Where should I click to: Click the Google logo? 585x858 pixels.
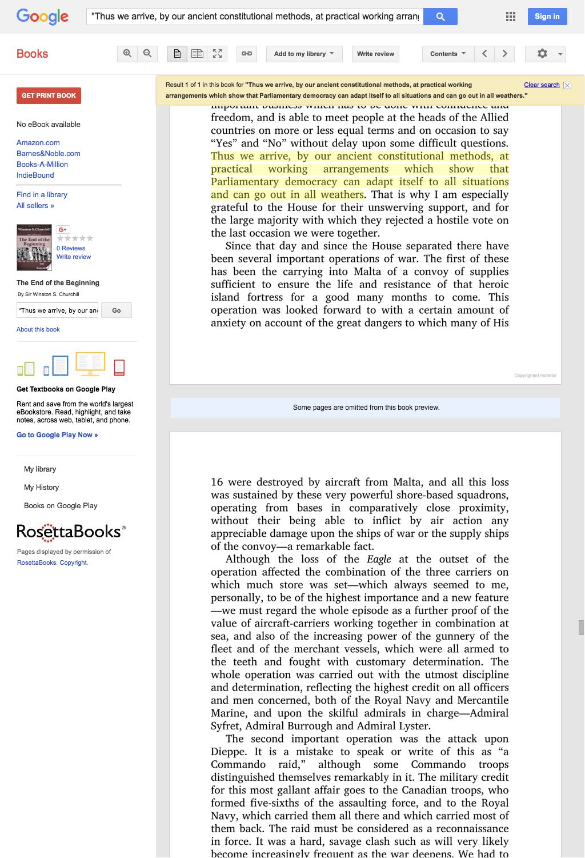coord(42,17)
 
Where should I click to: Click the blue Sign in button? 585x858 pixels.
coord(547,17)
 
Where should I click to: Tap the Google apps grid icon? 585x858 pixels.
coord(511,17)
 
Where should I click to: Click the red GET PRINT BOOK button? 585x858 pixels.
coord(49,95)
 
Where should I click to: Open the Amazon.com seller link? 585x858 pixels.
coord(38,143)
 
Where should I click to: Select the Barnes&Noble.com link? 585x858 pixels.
coord(49,154)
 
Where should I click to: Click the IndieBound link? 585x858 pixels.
coord(35,175)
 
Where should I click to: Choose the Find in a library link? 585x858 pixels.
coord(42,195)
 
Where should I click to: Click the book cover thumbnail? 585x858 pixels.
coord(34,248)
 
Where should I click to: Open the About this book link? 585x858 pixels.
coord(38,329)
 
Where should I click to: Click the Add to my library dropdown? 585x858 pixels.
coord(304,54)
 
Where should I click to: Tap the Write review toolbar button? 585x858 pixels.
coord(375,54)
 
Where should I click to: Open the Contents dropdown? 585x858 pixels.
coord(448,54)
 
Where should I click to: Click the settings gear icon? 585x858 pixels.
coord(543,54)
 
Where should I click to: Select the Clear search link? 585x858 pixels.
coord(542,85)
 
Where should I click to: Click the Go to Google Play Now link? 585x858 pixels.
coord(57,435)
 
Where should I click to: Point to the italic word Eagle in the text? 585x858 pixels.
coord(379,559)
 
